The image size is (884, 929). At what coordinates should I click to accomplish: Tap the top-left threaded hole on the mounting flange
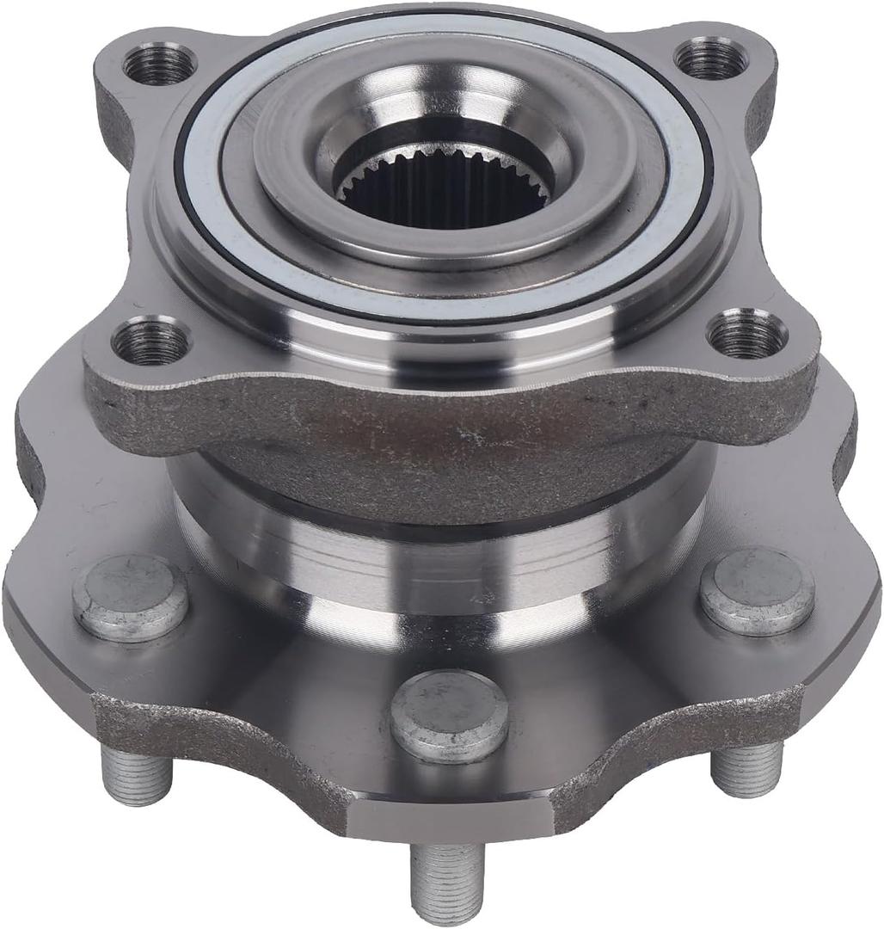coord(159,65)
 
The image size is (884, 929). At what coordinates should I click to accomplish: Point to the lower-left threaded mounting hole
coord(150,341)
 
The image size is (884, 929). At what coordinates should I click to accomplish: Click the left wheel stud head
coord(130,596)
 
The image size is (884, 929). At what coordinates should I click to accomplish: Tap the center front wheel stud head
coord(449,715)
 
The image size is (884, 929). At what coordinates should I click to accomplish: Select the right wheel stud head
coord(757,591)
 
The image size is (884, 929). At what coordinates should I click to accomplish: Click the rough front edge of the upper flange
coord(447,421)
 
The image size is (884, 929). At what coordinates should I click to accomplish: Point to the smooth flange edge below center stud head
coord(451,817)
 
